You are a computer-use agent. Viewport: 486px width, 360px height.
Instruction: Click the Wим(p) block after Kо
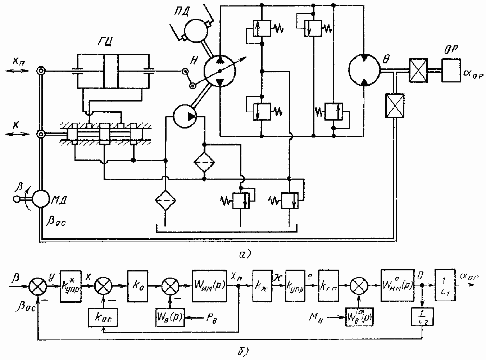coord(209,286)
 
